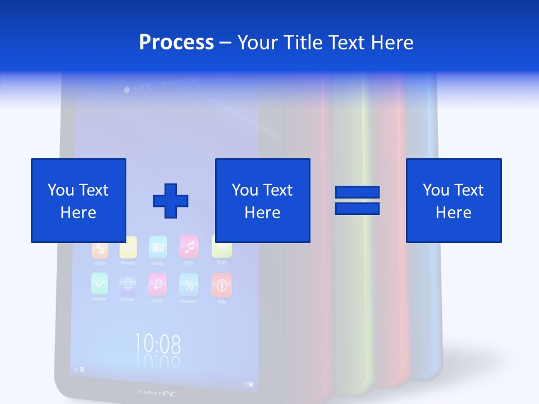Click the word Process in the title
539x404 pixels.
tap(176, 43)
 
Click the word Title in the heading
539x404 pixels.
tap(303, 43)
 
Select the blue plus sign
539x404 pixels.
tap(171, 200)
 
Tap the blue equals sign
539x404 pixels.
tap(357, 200)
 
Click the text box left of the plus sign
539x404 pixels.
tap(78, 200)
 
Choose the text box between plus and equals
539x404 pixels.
tap(262, 200)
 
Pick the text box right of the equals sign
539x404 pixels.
tap(453, 200)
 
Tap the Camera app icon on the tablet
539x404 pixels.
tap(158, 247)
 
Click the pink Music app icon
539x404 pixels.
tap(189, 246)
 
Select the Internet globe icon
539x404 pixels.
tap(127, 284)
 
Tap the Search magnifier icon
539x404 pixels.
tap(157, 284)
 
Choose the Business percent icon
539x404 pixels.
tap(189, 284)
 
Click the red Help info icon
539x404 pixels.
tap(221, 285)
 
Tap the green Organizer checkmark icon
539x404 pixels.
tap(99, 283)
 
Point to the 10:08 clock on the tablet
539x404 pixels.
tap(157, 343)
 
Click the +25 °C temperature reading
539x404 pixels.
tap(138, 88)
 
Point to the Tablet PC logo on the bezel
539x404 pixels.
tap(157, 393)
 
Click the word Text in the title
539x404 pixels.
tap(345, 43)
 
